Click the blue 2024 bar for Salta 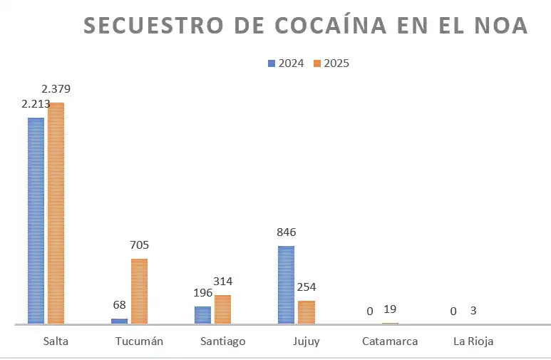[36, 221]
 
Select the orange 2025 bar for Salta [56, 214]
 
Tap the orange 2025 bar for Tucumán [139, 292]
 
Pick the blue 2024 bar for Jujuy [286, 285]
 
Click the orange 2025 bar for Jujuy [307, 312]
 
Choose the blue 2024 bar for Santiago [202, 315]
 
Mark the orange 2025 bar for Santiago [222, 309]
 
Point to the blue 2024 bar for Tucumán [119, 321]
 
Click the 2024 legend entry [286, 63]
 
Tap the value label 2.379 [56, 89]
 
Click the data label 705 [139, 245]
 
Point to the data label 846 [286, 232]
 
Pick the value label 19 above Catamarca [389, 309]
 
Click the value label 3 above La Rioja [473, 311]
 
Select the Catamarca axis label [389, 341]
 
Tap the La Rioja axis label [473, 341]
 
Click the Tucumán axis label [139, 341]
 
